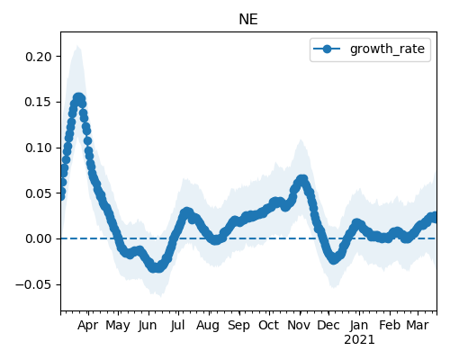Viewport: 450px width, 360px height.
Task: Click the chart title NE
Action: [248, 20]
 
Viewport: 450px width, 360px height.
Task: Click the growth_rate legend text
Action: [387, 49]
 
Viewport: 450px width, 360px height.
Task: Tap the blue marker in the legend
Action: [327, 49]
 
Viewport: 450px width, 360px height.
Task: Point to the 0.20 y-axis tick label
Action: [39, 57]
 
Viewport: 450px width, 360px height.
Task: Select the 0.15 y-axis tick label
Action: [39, 102]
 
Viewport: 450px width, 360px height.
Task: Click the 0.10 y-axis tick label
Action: [39, 148]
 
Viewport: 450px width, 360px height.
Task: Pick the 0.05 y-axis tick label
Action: [39, 193]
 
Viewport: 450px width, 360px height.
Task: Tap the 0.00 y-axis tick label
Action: [39, 238]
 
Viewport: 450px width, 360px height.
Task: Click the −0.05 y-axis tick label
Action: [34, 284]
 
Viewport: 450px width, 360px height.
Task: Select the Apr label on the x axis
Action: [87, 326]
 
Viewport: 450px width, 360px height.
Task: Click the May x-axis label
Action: [118, 326]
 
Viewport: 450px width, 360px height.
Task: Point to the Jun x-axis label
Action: [148, 326]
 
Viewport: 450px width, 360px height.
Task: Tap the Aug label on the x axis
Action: [208, 326]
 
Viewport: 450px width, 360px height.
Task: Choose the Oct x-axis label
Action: [269, 325]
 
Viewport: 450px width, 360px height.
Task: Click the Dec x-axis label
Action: [328, 325]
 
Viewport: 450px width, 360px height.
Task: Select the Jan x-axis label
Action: [359, 325]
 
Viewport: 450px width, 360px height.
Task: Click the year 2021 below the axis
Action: [359, 340]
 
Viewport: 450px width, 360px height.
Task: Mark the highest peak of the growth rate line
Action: [78, 98]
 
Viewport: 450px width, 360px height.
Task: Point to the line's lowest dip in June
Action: [156, 267]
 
